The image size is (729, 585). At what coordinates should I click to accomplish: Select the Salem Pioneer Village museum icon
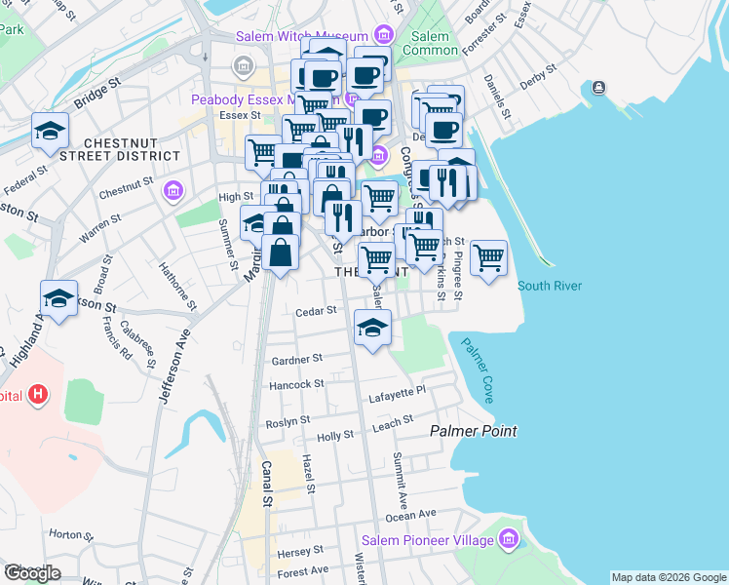coord(508,539)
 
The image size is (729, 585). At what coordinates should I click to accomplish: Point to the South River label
coord(550,286)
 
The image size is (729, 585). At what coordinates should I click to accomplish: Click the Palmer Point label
coord(474,431)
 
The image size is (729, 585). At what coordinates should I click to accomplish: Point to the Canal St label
coord(264,485)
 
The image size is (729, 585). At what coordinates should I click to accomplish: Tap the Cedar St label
coord(316,311)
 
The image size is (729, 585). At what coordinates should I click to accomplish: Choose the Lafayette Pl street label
coord(398,392)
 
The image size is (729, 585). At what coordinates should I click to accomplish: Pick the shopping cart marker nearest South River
coord(488,258)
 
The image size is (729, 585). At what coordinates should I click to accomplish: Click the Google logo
coord(32,573)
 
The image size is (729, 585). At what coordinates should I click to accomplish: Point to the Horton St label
coord(64,534)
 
